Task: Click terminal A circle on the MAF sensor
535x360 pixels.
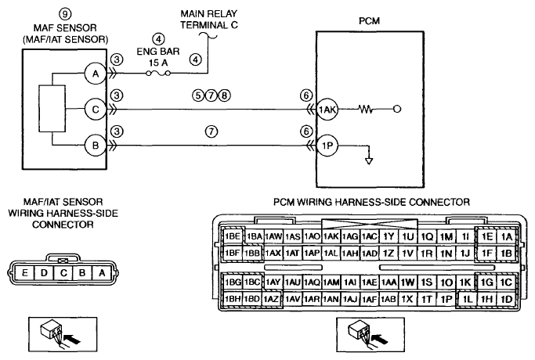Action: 96,74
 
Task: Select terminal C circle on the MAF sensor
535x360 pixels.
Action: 96,110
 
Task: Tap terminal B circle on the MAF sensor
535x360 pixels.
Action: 96,146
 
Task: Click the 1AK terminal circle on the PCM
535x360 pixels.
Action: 327,110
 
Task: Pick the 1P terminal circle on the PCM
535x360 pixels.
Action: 327,146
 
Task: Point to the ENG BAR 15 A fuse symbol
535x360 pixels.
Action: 158,73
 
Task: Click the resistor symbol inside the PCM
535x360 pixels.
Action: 366,110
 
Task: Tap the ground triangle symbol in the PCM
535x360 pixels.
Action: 369,161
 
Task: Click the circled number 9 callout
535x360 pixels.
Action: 65,14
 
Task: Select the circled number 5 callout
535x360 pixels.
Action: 198,95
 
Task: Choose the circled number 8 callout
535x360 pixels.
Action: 224,95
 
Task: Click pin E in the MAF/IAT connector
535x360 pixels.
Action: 24,272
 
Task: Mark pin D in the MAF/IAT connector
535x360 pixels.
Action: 44,272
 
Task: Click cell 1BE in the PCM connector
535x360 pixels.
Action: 233,236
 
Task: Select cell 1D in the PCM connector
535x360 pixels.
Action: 506,299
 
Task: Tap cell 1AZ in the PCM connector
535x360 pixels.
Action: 272,299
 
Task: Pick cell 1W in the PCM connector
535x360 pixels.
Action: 407,283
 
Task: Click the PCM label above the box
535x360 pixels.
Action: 369,21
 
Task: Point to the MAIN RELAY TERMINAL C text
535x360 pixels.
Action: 209,19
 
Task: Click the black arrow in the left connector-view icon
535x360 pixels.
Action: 72,339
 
